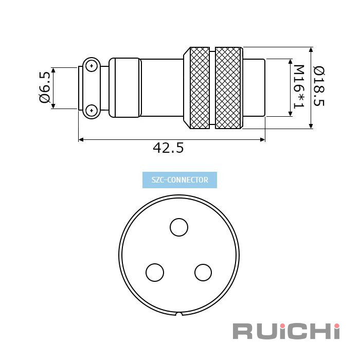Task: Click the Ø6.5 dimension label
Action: [45, 87]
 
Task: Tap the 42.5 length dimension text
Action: [168, 148]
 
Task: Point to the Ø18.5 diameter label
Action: [319, 86]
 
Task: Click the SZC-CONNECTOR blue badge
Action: [179, 180]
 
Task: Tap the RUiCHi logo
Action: [286, 331]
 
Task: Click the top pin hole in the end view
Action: [179, 227]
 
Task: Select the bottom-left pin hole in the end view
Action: [155, 273]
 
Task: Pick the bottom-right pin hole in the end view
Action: [203, 273]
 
